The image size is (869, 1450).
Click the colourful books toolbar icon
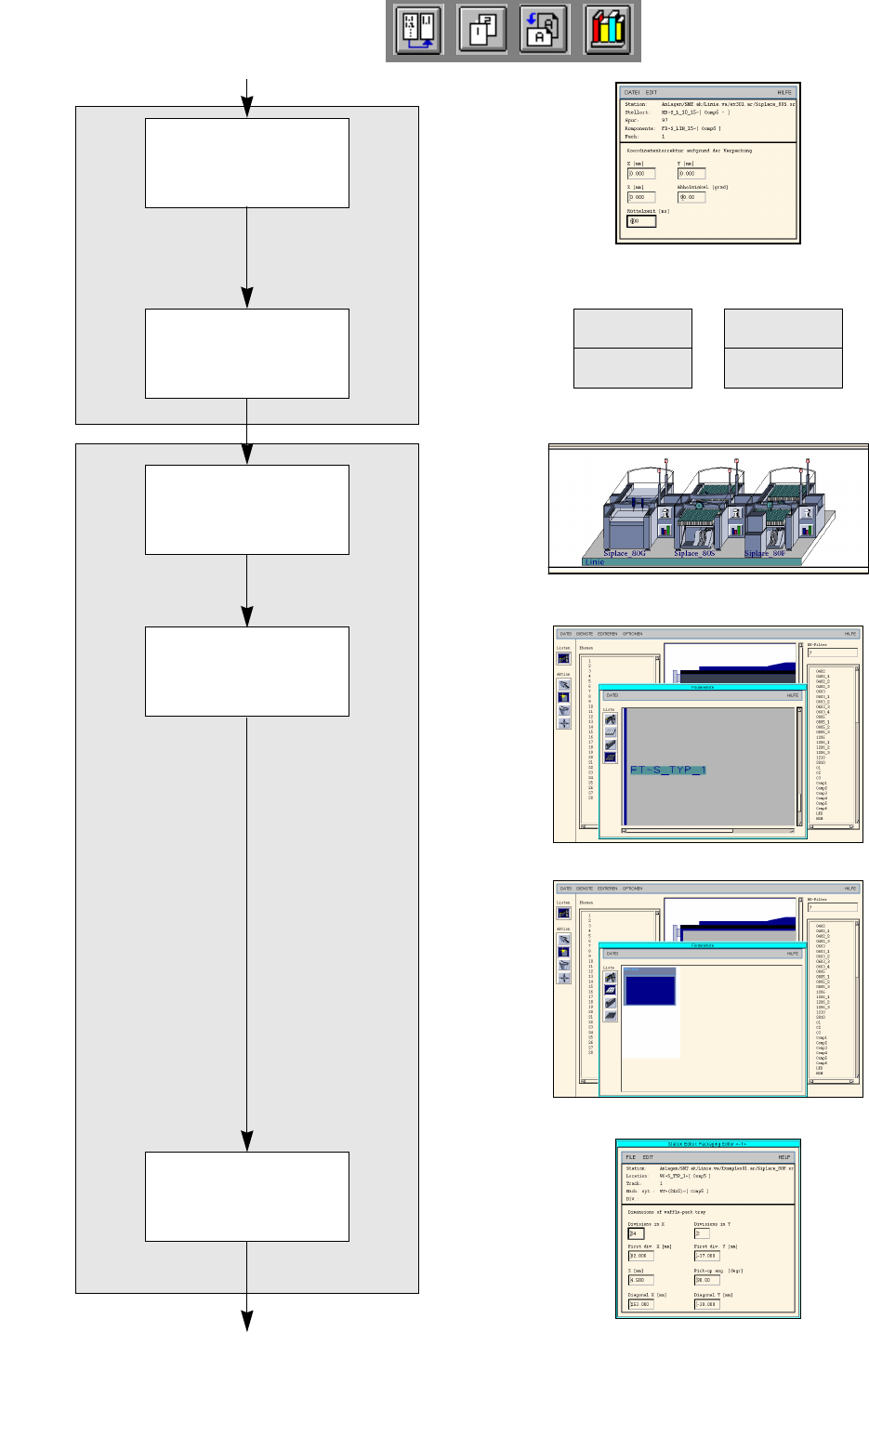(x=607, y=30)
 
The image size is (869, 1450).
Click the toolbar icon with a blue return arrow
(x=418, y=30)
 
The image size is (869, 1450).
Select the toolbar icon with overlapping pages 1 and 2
(x=481, y=30)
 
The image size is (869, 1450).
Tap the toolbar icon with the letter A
(x=544, y=30)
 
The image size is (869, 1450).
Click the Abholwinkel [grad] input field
(x=691, y=197)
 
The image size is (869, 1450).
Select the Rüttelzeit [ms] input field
(x=641, y=221)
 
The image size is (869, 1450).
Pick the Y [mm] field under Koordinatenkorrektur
(x=691, y=173)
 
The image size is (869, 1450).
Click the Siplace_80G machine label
(x=625, y=553)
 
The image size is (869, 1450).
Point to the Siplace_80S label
(x=694, y=553)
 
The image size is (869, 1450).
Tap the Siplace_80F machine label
(x=765, y=553)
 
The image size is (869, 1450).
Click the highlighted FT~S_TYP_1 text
(x=668, y=770)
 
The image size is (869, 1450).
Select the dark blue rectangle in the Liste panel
(x=650, y=988)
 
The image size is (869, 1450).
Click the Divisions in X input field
(x=637, y=1233)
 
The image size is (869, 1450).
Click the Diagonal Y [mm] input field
(x=706, y=1304)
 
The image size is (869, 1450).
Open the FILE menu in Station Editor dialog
(x=631, y=1157)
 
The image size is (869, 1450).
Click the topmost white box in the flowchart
(x=247, y=163)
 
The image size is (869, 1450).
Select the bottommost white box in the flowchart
(x=247, y=1196)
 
